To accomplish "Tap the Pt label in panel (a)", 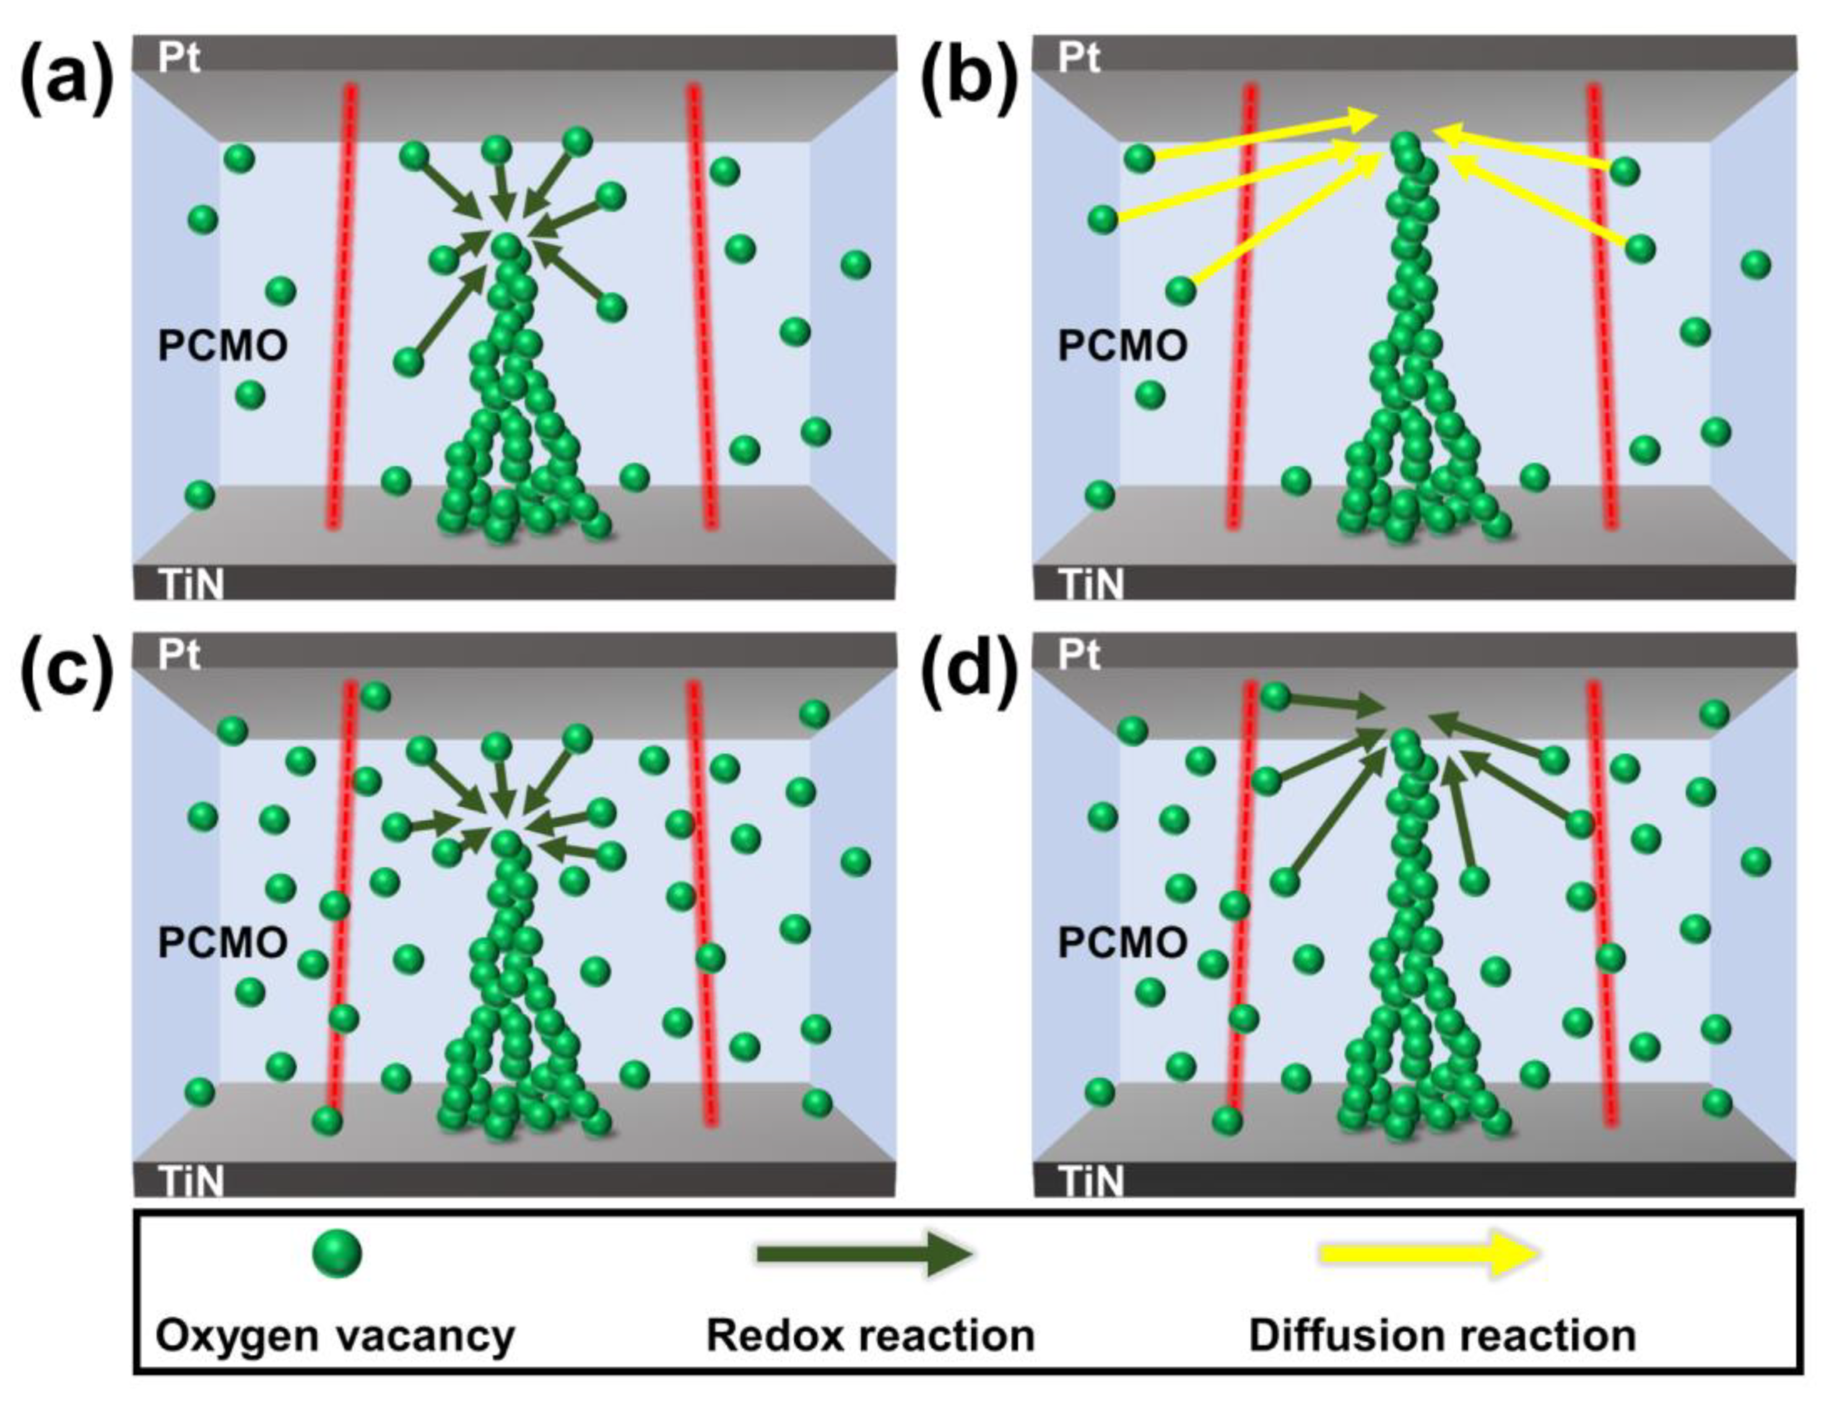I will coord(178,58).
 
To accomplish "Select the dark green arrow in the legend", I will coord(864,1254).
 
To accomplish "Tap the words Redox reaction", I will coord(871,1336).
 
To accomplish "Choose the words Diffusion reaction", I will coord(1442,1336).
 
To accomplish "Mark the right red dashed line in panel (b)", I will coord(1602,309).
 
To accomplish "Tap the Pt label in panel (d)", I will coord(1079,657).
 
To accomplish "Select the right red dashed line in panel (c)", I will coord(701,906).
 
